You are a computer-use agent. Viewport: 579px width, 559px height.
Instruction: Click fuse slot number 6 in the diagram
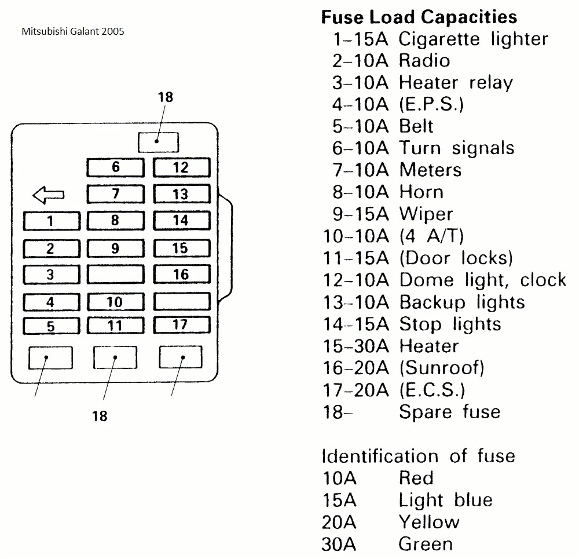pos(115,168)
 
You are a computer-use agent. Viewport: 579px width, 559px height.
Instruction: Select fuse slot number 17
pos(181,325)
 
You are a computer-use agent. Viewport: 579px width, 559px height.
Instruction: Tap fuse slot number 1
pos(51,221)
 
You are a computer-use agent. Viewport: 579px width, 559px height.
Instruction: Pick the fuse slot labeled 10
pos(115,302)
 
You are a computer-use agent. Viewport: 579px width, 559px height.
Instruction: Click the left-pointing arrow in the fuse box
pos(49,195)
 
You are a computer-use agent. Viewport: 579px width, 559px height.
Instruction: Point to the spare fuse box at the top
pos(158,142)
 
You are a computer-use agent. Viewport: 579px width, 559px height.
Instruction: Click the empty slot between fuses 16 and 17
pos(181,301)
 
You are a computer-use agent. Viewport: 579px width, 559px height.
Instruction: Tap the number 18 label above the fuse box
pos(166,97)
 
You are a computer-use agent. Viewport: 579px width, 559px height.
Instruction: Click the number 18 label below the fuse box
pos(100,416)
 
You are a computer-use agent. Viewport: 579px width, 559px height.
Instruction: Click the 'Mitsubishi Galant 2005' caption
pos(72,31)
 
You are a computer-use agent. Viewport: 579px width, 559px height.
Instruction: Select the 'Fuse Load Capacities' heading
pos(419,17)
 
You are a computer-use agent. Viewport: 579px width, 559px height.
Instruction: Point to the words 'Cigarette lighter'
pos(472,39)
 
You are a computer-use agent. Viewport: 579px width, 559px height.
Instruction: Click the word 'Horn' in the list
pos(421,192)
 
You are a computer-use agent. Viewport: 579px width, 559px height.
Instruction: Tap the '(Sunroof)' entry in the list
pos(441,367)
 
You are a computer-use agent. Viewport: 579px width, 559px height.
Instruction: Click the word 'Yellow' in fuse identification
pos(428,522)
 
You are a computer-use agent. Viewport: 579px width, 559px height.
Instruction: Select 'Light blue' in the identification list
pos(445,500)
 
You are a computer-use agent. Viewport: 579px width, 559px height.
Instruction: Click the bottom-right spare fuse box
pos(181,357)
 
